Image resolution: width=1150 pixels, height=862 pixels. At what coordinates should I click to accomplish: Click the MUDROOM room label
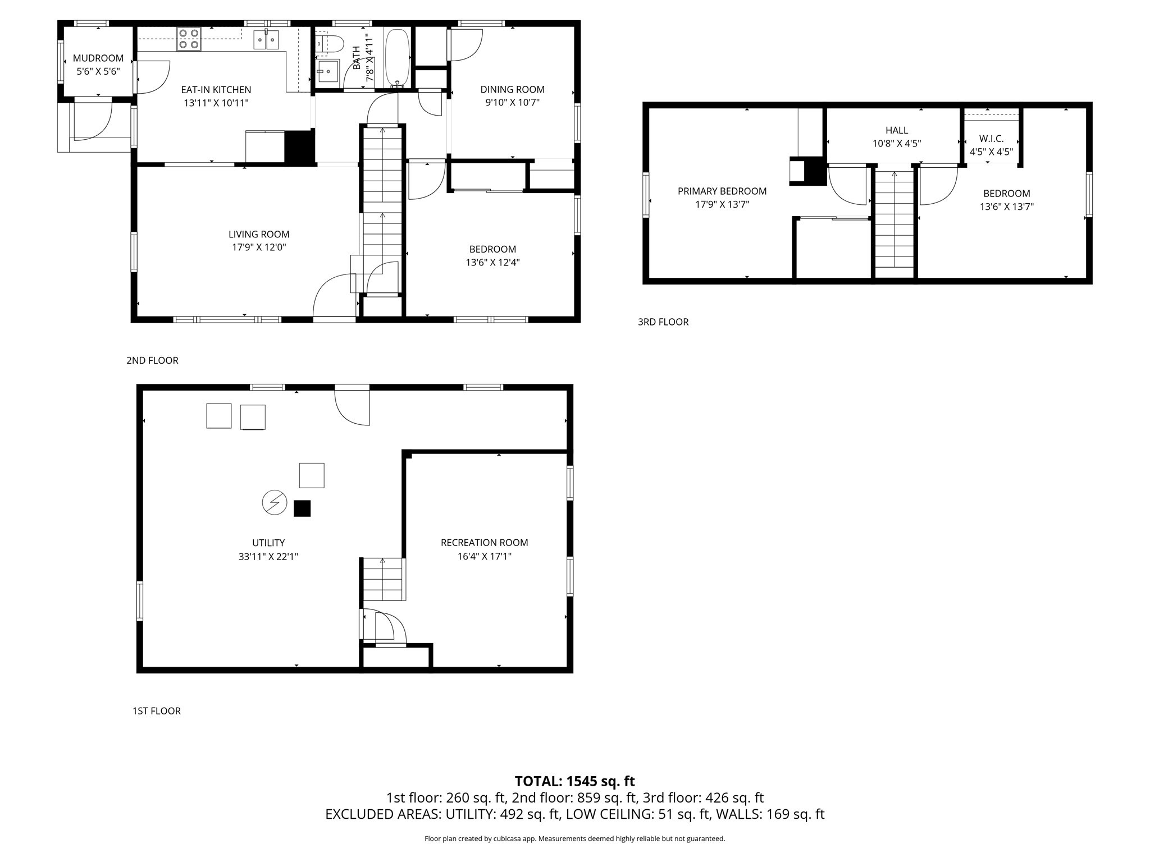(98, 58)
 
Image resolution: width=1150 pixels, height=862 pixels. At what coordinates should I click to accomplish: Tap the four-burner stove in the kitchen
(189, 39)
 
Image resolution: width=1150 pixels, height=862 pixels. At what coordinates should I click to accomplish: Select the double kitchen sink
(267, 39)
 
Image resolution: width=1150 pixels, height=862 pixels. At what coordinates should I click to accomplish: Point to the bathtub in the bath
(398, 58)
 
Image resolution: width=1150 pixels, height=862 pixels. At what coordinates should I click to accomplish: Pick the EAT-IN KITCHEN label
(216, 90)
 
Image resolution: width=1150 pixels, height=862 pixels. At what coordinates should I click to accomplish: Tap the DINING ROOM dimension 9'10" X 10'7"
(513, 103)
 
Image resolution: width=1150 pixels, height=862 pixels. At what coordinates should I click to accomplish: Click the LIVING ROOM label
(259, 235)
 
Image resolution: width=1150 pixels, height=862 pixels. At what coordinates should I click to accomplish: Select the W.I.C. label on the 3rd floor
(991, 139)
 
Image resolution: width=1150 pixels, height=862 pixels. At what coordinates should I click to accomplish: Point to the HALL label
(897, 131)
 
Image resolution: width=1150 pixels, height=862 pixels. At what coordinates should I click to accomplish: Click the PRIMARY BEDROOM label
(722, 191)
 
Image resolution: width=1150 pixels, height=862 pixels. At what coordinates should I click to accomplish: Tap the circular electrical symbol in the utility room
(275, 502)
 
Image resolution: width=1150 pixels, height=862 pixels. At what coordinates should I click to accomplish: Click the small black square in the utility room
(302, 508)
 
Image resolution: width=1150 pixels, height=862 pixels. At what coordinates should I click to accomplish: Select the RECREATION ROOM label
(485, 543)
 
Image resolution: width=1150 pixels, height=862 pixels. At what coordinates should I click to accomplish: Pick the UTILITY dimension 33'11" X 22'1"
(268, 557)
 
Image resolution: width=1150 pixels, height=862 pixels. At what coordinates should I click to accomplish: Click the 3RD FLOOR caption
(663, 322)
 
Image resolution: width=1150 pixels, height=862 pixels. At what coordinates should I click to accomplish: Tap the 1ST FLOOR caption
(157, 711)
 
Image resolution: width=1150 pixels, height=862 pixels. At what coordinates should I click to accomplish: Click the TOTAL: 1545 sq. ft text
(575, 781)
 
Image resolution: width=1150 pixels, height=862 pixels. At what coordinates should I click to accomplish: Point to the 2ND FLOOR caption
(152, 361)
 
